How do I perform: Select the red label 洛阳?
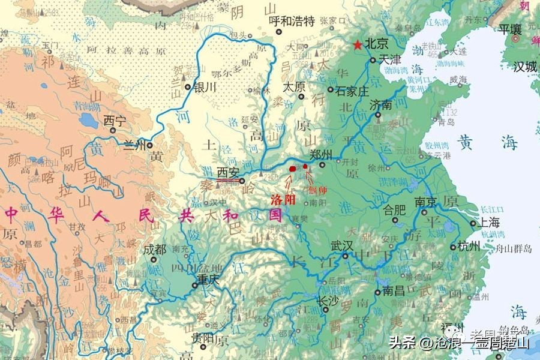(x=283, y=199)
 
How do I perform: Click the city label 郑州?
(x=321, y=155)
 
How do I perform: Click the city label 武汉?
(x=343, y=246)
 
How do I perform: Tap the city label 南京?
(x=425, y=202)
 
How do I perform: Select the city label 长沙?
(x=328, y=300)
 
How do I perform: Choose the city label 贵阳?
(x=203, y=337)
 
